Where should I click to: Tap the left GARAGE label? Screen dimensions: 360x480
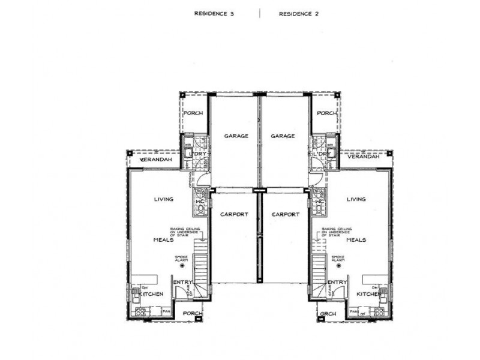236,136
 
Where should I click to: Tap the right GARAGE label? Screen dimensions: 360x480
283,136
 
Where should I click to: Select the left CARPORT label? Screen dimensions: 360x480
234,214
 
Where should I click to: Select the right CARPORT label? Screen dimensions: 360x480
285,214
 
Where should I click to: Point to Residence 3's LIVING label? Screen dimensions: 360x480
164,199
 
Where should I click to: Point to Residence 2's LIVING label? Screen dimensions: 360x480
356,199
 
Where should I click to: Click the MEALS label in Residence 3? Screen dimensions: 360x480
163,239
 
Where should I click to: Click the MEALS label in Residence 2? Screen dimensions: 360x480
356,239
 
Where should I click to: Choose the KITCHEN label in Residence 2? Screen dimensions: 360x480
368,295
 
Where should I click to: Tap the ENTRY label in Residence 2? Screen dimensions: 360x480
337,282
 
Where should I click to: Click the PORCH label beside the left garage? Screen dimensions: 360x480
193,113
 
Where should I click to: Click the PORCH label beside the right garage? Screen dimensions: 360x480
326,113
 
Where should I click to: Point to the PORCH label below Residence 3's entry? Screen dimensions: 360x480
193,313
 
